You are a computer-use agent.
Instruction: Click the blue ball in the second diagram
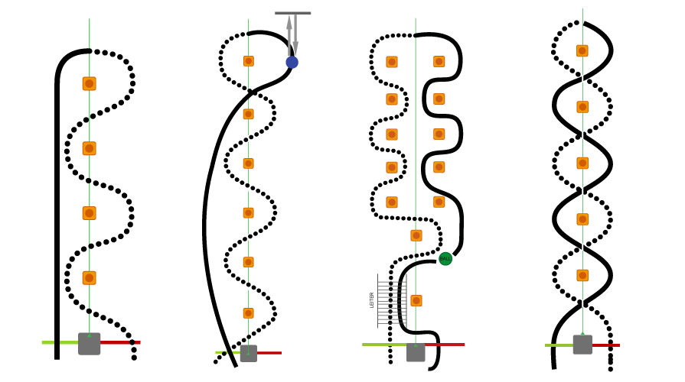292,62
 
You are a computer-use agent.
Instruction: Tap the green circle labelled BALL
445,259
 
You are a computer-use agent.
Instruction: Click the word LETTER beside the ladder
372,299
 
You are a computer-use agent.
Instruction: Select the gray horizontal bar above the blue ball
293,13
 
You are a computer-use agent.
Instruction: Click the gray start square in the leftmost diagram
89,344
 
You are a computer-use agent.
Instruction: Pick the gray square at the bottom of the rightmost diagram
582,345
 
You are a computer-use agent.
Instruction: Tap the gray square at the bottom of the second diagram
248,353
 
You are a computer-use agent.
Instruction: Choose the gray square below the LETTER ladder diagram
416,352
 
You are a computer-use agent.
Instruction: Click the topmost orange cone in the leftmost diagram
89,83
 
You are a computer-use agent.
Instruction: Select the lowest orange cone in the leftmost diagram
89,278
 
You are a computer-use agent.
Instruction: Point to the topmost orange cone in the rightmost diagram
582,51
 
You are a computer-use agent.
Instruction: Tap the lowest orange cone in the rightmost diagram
582,275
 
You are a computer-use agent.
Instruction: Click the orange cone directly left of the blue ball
248,61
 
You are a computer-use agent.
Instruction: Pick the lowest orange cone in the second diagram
248,313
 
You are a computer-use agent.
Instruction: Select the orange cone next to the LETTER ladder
416,300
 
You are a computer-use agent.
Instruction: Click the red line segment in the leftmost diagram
120,342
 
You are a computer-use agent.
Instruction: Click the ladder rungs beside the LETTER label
390,299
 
